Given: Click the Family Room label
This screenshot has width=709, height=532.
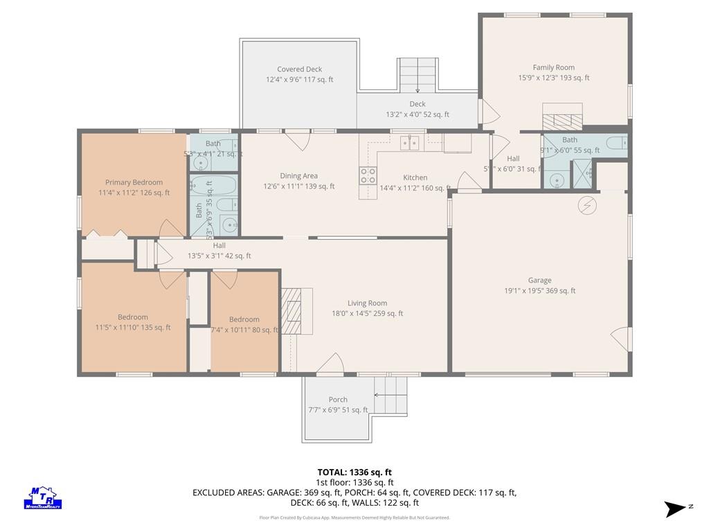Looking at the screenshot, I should pyautogui.click(x=553, y=68).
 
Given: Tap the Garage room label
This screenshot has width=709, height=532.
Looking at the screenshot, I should pyautogui.click(x=539, y=281).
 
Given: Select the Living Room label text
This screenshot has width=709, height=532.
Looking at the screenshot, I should pyautogui.click(x=367, y=303).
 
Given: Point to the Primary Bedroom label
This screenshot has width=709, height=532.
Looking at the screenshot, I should pyautogui.click(x=134, y=182).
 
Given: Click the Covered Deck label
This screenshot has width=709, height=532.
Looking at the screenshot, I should pyautogui.click(x=299, y=69).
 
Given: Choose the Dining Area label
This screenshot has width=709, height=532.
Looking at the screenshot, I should pyautogui.click(x=298, y=176).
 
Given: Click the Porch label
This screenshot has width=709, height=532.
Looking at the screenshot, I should pyautogui.click(x=338, y=400).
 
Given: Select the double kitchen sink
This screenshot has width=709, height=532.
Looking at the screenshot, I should pyautogui.click(x=409, y=143).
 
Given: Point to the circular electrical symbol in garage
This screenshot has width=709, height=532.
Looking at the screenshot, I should pyautogui.click(x=587, y=205).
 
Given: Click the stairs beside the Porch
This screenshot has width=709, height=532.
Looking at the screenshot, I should pyautogui.click(x=391, y=395).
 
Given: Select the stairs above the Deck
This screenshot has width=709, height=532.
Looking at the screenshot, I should pyautogui.click(x=418, y=74).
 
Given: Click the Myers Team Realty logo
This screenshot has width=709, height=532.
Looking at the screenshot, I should pyautogui.click(x=44, y=497).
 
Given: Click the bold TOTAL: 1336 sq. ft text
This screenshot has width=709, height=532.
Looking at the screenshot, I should pyautogui.click(x=354, y=472).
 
